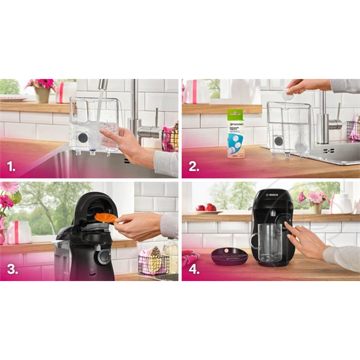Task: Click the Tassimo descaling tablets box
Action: (235, 134)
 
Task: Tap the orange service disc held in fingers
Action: (106, 217)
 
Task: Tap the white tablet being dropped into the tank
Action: (286, 95)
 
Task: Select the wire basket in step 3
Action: (153, 260)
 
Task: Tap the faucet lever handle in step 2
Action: (336, 124)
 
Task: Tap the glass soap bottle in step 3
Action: (170, 254)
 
